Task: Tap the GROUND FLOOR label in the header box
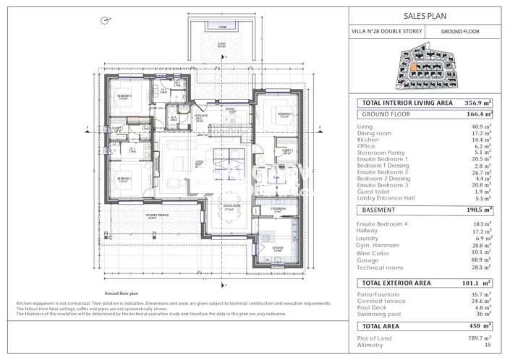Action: [460, 32]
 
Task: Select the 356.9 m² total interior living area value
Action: [477, 103]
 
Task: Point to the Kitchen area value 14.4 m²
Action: [482, 140]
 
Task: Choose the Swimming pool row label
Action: [381, 314]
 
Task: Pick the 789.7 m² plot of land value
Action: [480, 338]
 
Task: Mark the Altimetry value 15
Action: [488, 346]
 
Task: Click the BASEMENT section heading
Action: [378, 210]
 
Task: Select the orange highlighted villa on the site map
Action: [414, 68]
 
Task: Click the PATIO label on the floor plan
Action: [221, 43]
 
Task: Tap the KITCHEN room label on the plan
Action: [278, 247]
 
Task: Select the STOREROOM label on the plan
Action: [279, 209]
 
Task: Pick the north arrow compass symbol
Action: [106, 20]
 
